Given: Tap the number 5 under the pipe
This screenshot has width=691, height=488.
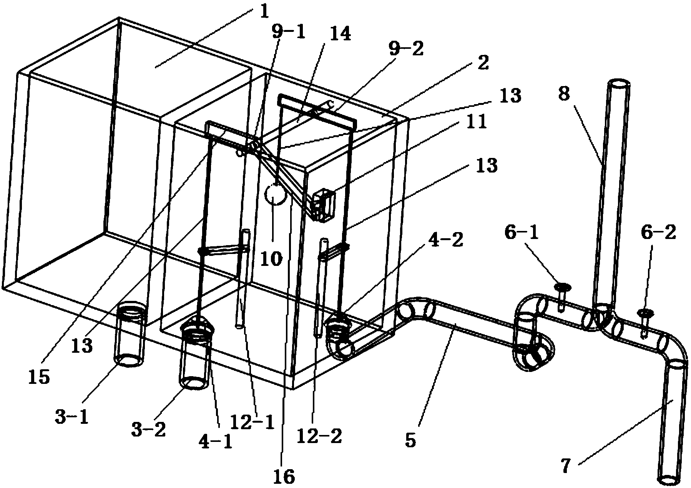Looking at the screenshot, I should coord(410,440).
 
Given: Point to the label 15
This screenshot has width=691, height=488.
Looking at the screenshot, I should coord(39,378).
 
